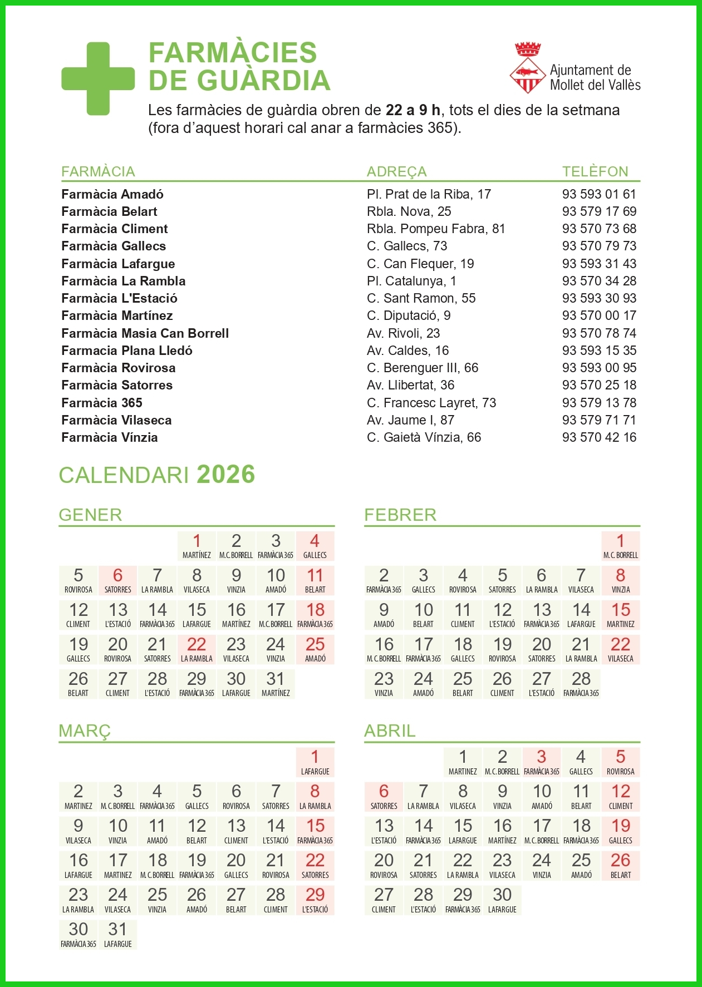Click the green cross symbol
98,79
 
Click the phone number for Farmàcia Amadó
598,194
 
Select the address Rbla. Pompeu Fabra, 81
435,229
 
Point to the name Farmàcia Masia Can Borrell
145,333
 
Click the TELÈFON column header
595,171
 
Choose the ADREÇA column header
396,171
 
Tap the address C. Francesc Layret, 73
431,403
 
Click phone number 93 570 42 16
598,437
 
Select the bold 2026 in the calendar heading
225,475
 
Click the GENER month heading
90,515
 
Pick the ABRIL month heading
390,731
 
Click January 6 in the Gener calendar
117,580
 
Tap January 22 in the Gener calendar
197,649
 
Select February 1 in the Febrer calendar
620,546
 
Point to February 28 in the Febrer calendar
581,684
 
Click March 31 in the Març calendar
117,934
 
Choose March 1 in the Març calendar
315,762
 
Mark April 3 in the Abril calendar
541,762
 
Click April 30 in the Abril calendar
502,900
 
